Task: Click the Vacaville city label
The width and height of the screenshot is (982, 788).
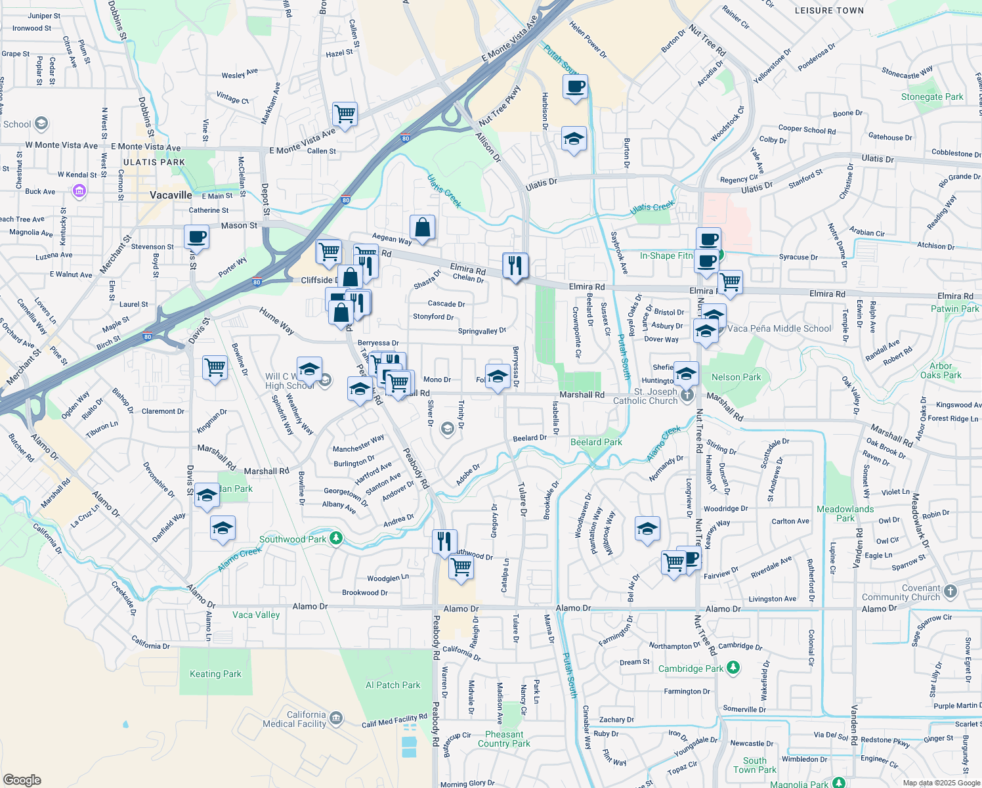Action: [x=171, y=195]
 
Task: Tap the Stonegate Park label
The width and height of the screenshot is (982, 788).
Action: [x=932, y=97]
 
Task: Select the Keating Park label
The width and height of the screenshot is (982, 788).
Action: [x=215, y=674]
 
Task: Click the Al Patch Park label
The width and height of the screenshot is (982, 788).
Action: [x=393, y=685]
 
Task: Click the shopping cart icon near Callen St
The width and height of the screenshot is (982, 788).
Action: [x=345, y=114]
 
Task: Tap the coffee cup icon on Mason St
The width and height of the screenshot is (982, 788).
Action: [x=196, y=237]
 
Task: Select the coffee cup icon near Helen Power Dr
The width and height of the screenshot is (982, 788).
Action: [x=575, y=87]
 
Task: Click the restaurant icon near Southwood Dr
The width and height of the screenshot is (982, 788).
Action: [x=444, y=541]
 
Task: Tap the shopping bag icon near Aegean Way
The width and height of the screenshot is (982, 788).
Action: [x=423, y=228]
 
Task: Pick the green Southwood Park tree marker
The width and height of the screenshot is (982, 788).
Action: [x=336, y=538]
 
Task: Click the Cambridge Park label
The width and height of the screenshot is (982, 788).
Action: [x=691, y=668]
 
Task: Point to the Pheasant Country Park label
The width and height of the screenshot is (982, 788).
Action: [x=504, y=739]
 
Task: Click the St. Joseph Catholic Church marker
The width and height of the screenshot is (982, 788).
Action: [x=687, y=395]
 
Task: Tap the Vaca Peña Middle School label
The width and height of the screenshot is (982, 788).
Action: [x=779, y=328]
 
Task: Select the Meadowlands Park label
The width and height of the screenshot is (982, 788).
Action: [x=845, y=514]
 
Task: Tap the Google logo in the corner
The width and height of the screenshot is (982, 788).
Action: [x=22, y=780]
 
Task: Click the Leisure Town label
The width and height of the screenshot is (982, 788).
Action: [x=829, y=11]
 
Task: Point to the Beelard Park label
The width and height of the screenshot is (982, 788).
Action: [x=596, y=442]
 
